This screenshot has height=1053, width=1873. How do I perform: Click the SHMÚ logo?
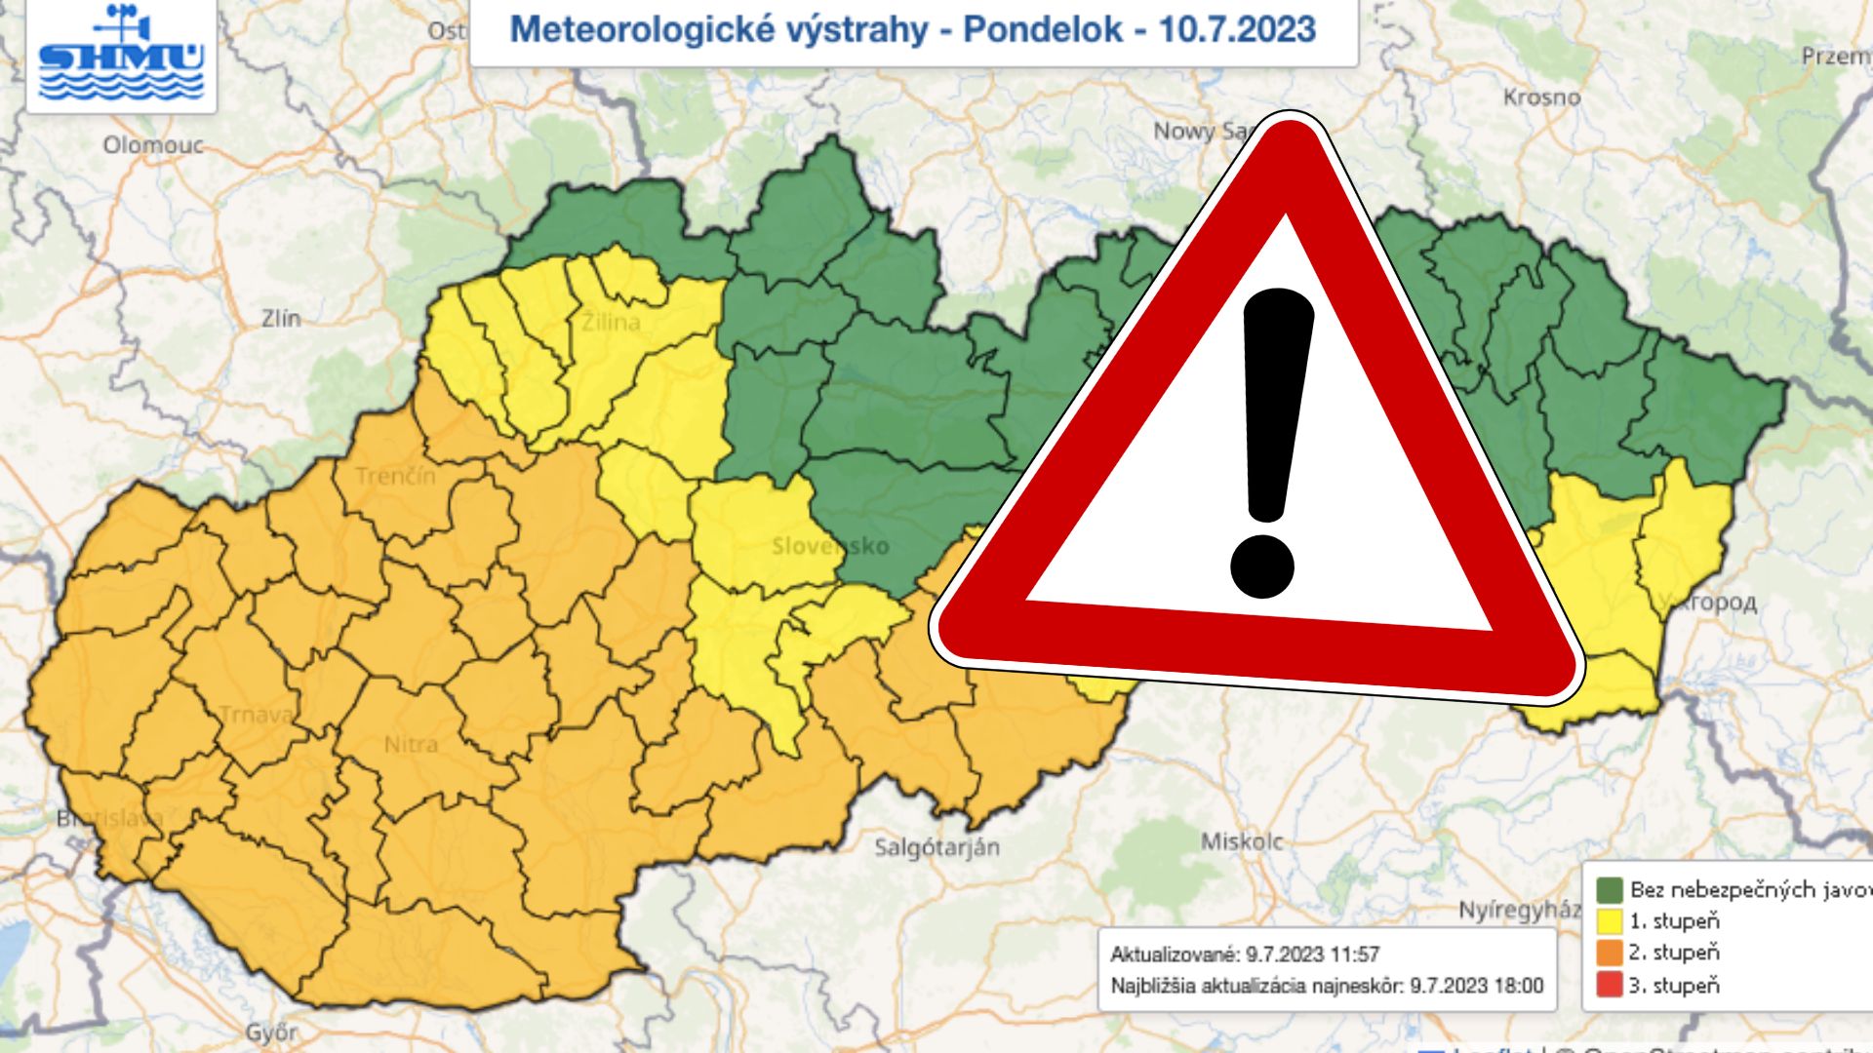click(x=121, y=55)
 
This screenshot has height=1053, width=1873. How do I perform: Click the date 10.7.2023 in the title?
click(x=1237, y=29)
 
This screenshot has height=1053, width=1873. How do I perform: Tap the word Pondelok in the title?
click(x=1043, y=29)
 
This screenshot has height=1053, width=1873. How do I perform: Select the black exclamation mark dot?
click(x=1261, y=566)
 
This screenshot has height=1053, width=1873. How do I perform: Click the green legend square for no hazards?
click(x=1609, y=889)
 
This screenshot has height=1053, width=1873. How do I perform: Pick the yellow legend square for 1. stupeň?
click(x=1609, y=921)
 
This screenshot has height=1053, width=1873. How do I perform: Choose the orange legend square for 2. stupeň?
click(x=1609, y=953)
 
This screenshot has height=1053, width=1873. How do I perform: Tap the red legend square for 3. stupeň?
click(x=1609, y=985)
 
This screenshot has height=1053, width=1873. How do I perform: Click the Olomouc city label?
click(x=153, y=145)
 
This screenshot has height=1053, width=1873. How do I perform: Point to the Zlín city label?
click(x=281, y=318)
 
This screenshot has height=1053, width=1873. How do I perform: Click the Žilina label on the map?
click(x=611, y=322)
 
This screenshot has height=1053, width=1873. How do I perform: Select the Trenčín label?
click(x=395, y=477)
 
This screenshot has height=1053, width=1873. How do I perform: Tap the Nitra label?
click(x=411, y=745)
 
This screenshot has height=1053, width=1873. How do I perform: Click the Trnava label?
click(x=255, y=715)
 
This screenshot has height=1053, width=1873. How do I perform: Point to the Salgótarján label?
click(x=936, y=847)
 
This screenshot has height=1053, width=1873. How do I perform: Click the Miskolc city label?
click(x=1241, y=841)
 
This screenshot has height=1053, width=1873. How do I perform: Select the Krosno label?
click(x=1541, y=97)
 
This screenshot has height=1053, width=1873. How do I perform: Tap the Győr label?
click(x=271, y=1033)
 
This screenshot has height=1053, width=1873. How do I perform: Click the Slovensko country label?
click(x=830, y=546)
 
